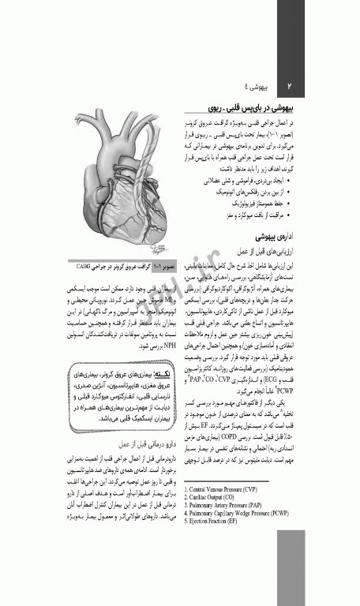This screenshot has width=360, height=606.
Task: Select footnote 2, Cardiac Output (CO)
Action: pos(218,497)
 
